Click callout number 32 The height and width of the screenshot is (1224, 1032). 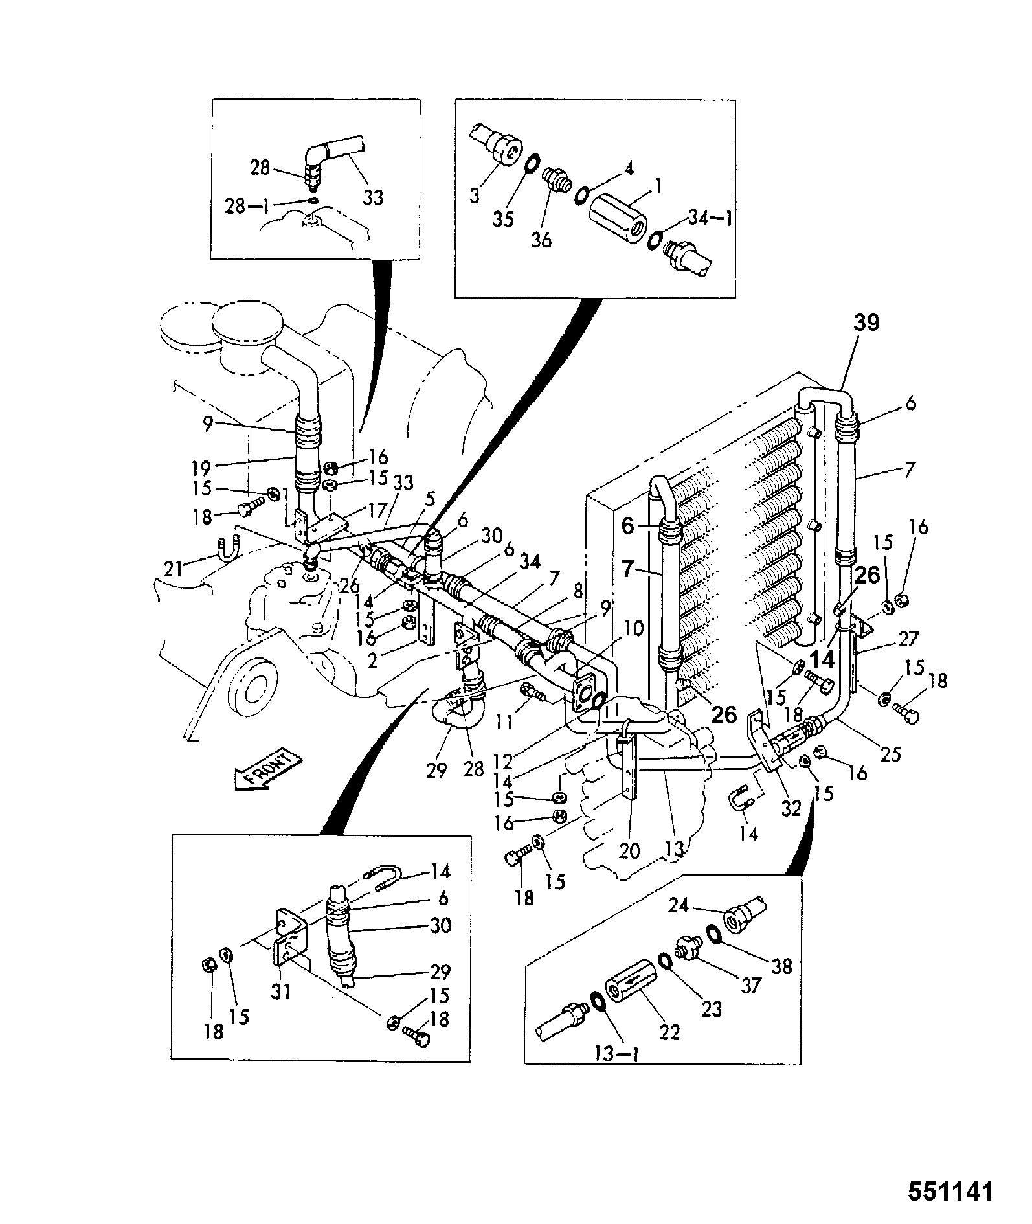[x=791, y=808]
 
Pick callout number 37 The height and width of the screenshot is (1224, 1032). [x=750, y=986]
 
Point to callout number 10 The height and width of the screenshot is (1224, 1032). [x=634, y=628]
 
